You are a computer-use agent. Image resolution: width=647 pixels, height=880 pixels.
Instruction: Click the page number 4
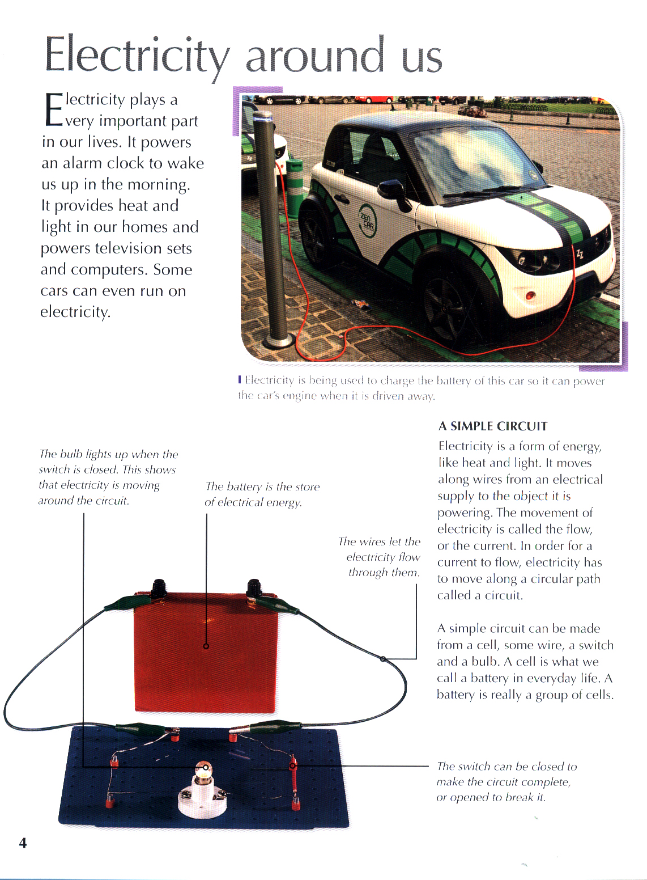click(23, 843)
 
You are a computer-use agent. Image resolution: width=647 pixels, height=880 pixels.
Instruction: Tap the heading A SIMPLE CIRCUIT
click(493, 426)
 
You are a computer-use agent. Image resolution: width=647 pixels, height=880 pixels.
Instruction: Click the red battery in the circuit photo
click(206, 652)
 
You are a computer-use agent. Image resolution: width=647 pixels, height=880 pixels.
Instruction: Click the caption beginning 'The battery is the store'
click(262, 494)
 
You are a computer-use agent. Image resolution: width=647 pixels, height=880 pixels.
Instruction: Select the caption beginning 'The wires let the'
click(384, 557)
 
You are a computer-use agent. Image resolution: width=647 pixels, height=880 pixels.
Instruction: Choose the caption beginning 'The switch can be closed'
click(506, 782)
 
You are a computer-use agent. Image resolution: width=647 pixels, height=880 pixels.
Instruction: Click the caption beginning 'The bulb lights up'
click(108, 477)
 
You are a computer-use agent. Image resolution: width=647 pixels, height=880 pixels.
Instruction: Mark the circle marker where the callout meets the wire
click(383, 659)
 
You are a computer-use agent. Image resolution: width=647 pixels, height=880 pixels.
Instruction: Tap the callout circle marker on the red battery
click(206, 646)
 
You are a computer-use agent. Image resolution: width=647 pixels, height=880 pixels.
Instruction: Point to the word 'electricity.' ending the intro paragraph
click(75, 312)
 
